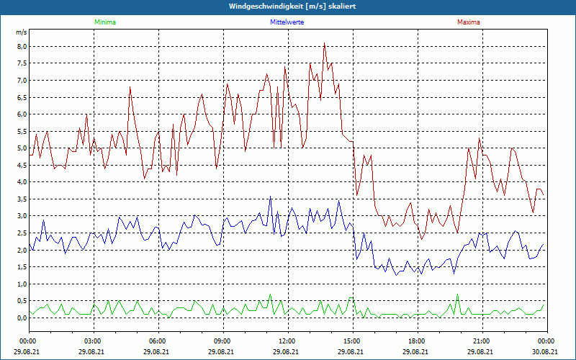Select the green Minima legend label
(104, 22)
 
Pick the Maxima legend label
(469, 22)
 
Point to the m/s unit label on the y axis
(21, 33)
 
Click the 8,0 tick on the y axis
(22, 47)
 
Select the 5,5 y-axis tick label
(22, 131)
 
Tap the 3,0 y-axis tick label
(22, 216)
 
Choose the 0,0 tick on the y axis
(22, 318)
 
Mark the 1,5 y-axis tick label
(22, 266)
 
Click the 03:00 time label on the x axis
(93, 341)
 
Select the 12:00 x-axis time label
(287, 341)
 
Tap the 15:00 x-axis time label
(351, 341)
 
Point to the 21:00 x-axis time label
(481, 341)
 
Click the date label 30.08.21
(546, 351)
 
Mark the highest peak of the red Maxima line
(325, 43)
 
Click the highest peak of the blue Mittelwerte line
(271, 197)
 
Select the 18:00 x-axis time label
(416, 341)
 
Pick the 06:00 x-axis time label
(158, 341)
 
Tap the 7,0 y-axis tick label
(22, 81)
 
